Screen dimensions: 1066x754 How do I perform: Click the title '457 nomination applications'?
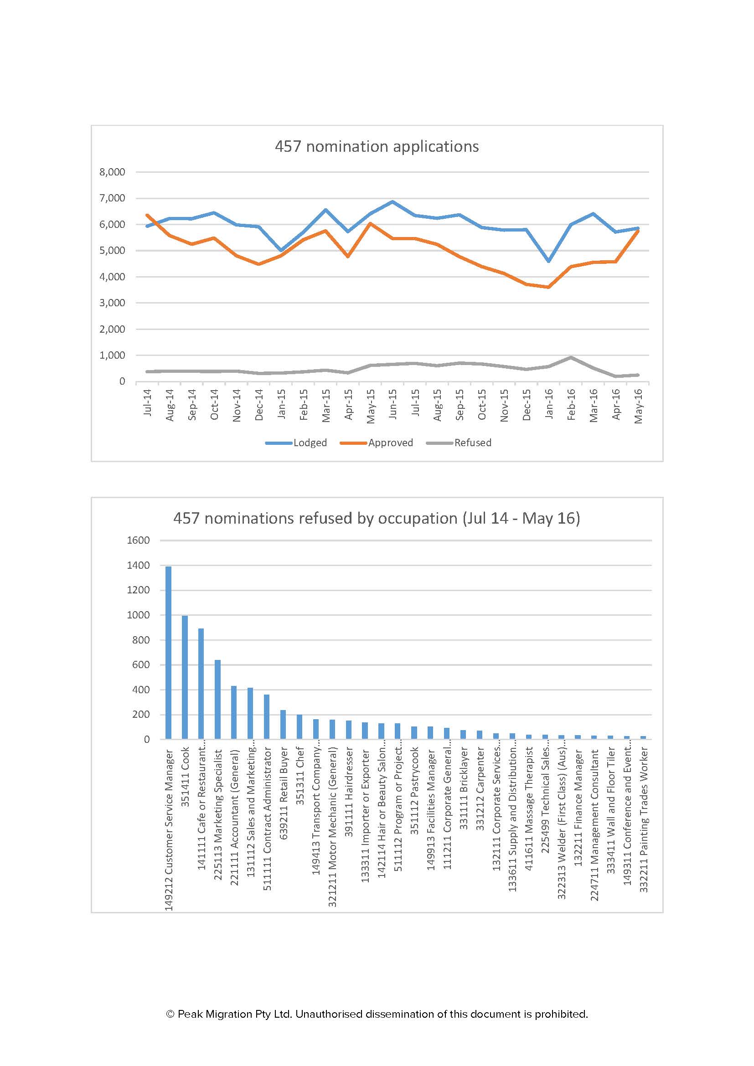click(377, 147)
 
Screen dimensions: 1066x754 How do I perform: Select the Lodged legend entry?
click(310, 443)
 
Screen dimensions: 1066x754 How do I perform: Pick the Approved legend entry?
click(390, 443)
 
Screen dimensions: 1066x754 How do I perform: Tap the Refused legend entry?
click(472, 443)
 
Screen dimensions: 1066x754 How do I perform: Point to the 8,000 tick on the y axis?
click(112, 172)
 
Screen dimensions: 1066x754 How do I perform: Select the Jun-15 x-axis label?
click(392, 404)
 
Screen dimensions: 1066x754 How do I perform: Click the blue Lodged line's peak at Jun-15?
click(392, 202)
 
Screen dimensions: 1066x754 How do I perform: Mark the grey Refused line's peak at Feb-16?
click(571, 357)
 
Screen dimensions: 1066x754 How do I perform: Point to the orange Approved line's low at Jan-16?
click(549, 287)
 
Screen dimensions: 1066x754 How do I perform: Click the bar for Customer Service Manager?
click(169, 652)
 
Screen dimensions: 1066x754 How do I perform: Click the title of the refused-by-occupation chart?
click(377, 518)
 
